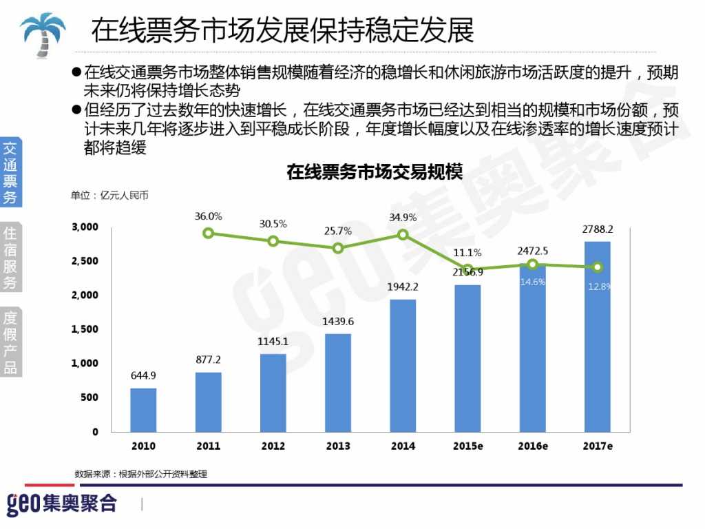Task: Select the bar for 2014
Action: pos(403,365)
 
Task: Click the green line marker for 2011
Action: pos(208,233)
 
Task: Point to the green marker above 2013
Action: pos(338,248)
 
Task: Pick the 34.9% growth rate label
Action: pos(403,218)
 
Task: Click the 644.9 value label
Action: pos(143,375)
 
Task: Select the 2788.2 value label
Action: pos(598,229)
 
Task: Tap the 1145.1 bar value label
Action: pos(273,341)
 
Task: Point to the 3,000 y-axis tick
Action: pos(85,227)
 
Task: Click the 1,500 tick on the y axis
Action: pos(85,329)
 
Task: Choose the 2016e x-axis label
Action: pos(533,446)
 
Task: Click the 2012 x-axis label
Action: pos(273,446)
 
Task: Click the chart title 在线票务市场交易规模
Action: pos(375,172)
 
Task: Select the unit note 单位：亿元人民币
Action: pos(109,196)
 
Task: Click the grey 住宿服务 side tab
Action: pos(10,257)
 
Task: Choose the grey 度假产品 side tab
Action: pos(10,342)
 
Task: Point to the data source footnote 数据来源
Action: pos(140,474)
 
